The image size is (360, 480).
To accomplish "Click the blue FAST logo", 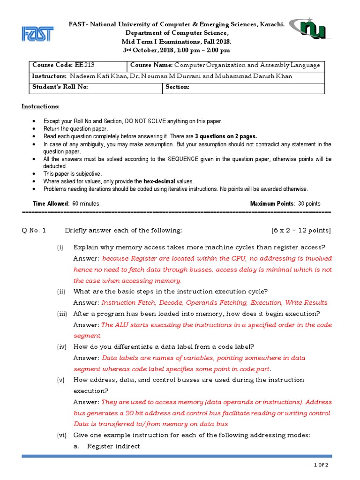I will (37, 33).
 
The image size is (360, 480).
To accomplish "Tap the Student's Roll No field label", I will (60, 87).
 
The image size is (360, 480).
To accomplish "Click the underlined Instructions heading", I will (41, 107).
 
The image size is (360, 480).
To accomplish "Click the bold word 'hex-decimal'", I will (164, 181).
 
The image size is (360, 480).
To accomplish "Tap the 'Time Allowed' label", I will (51, 204).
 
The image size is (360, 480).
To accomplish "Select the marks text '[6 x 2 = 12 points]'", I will (300, 230).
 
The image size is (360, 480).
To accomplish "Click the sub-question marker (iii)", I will (62, 314).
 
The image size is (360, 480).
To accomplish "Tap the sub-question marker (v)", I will (60, 380).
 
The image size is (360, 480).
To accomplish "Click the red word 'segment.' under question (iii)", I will (87, 336).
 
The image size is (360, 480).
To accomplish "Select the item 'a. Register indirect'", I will (107, 446).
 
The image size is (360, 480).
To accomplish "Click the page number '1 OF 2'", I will (322, 465).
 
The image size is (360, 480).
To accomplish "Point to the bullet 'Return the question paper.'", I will (75, 128).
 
